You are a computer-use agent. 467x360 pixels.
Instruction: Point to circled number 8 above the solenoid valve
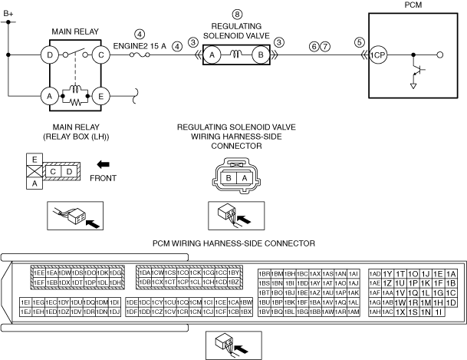237,15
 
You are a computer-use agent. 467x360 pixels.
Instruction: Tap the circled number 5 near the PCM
360,43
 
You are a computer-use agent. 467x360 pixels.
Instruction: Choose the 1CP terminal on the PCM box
377,55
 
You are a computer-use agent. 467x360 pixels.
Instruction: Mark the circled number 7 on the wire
325,46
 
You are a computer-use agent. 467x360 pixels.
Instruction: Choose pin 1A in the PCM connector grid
451,274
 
